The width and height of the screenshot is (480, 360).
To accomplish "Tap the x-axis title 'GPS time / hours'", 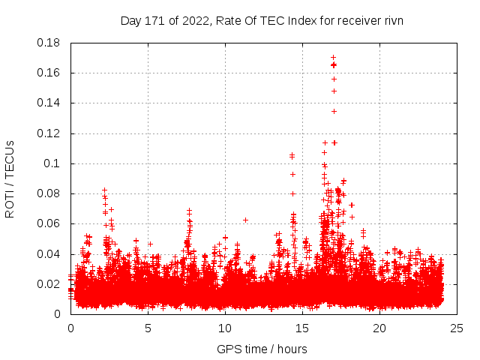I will point(262,349).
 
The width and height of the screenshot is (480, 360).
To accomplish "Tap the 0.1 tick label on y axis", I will point(54,163).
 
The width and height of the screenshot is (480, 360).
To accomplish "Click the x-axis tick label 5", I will point(148,328).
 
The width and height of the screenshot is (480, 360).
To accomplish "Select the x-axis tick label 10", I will point(225,328).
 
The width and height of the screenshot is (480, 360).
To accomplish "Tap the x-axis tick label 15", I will point(302,328).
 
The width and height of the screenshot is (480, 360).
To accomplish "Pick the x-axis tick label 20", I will point(379,328).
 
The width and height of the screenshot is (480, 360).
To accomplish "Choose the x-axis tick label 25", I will point(457,328).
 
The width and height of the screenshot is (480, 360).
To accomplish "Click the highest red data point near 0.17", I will point(333,58).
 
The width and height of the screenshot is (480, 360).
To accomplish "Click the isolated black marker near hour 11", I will point(245,220).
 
